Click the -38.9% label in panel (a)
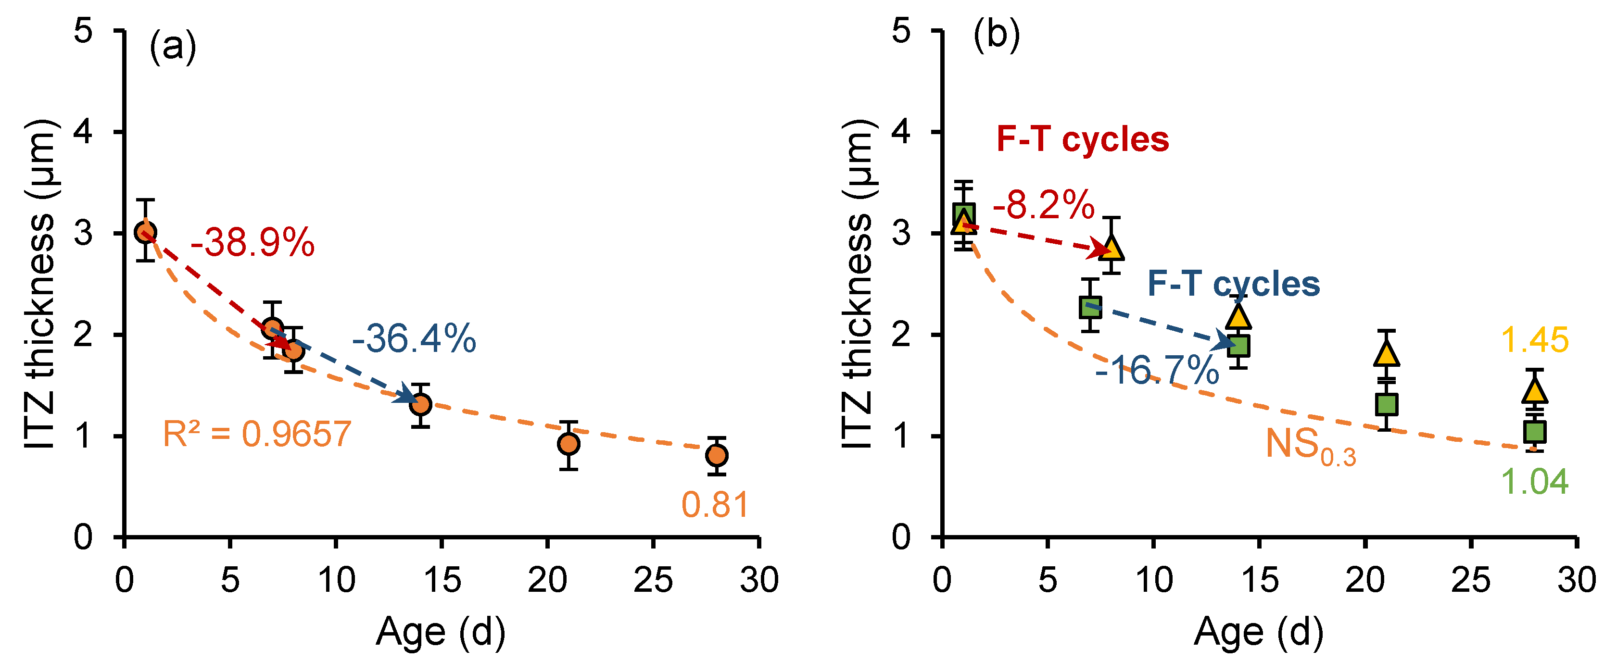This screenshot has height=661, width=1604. point(252,243)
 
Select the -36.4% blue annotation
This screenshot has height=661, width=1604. point(414,339)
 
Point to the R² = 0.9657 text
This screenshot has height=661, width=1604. point(256,434)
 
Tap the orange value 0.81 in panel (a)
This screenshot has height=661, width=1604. point(714,505)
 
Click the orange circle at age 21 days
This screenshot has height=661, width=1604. point(568,444)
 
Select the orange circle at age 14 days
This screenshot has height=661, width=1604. point(421,405)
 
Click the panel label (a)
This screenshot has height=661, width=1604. point(173,47)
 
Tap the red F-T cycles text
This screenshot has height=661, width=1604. point(1082,139)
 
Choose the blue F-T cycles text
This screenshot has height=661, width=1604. point(1233,284)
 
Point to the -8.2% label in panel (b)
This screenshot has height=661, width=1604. point(1044,205)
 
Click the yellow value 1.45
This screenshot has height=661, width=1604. point(1534,340)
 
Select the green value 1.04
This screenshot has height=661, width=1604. point(1534,482)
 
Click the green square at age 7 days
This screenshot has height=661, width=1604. point(1090,306)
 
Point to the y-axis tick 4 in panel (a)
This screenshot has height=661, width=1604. point(83,132)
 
